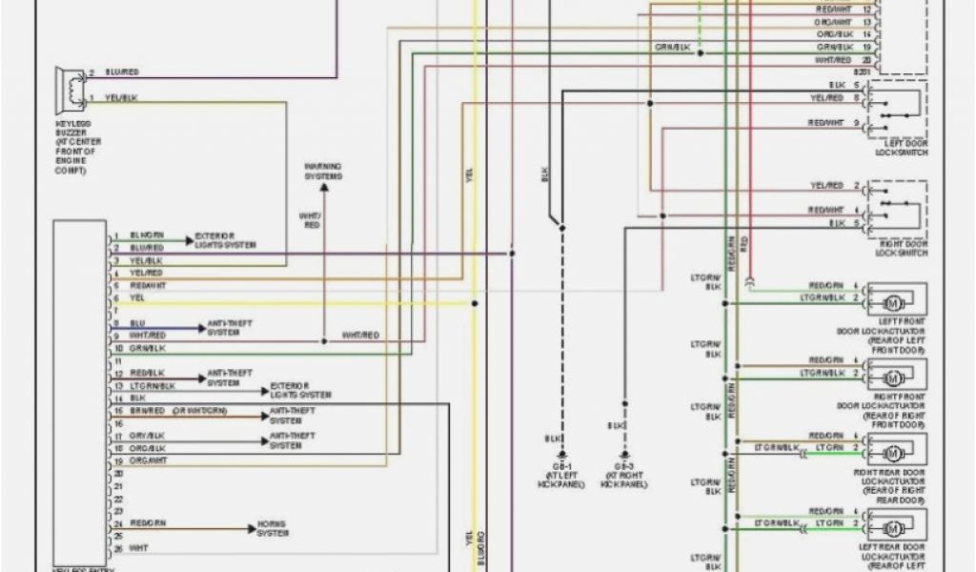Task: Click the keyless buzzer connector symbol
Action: coord(70,86)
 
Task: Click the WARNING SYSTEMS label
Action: coord(323,172)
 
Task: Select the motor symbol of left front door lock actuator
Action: coord(893,302)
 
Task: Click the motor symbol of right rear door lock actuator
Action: coord(893,451)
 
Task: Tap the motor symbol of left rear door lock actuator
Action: coord(893,526)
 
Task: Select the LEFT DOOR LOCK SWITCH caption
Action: coord(900,149)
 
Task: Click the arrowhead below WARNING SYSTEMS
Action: coord(324,188)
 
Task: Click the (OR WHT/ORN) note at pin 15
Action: coord(200,410)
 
